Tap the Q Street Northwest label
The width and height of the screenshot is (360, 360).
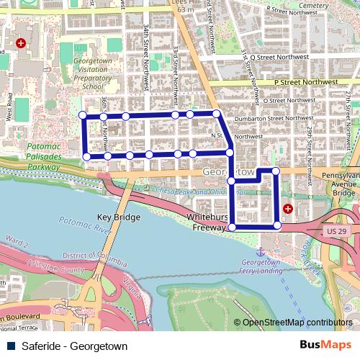click(x=281, y=55)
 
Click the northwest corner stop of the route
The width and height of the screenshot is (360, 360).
click(x=83, y=115)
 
